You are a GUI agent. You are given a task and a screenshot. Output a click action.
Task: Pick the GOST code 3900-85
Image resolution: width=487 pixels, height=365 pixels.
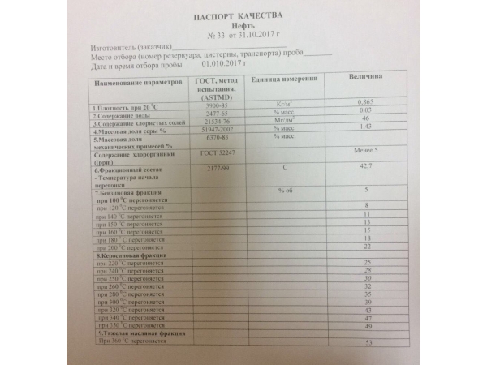pyautogui.click(x=212, y=105)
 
